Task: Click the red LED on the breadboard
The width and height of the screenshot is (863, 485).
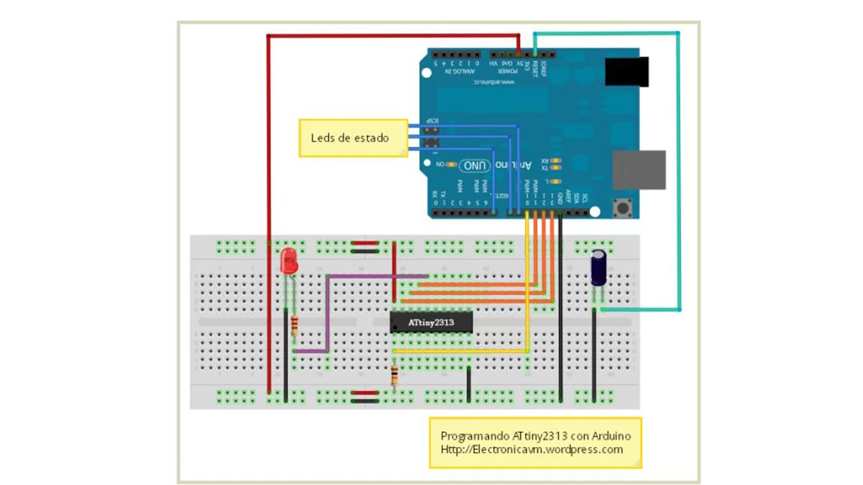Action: point(289,260)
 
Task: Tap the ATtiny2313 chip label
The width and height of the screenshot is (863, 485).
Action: point(431,323)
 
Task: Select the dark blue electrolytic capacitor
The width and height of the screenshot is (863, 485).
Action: point(598,267)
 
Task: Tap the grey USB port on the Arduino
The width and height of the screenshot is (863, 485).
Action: point(638,170)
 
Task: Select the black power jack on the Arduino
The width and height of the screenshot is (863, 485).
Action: point(626,72)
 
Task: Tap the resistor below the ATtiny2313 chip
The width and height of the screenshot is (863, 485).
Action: point(394,374)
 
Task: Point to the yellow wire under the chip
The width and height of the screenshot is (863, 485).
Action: point(460,351)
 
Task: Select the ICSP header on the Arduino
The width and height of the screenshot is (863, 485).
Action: point(432,136)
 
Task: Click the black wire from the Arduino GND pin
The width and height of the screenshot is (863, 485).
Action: point(560,309)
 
